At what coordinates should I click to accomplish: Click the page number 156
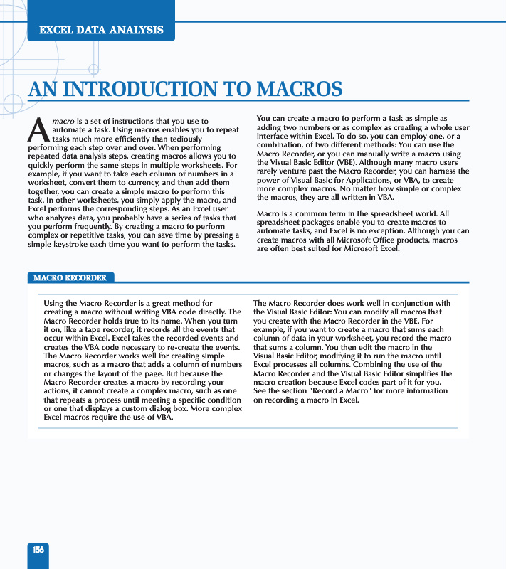[38, 550]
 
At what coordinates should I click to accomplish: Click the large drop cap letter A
[38, 130]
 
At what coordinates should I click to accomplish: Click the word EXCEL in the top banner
[56, 30]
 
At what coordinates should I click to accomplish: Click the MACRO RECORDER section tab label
[70, 277]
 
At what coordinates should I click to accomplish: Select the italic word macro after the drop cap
[63, 122]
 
